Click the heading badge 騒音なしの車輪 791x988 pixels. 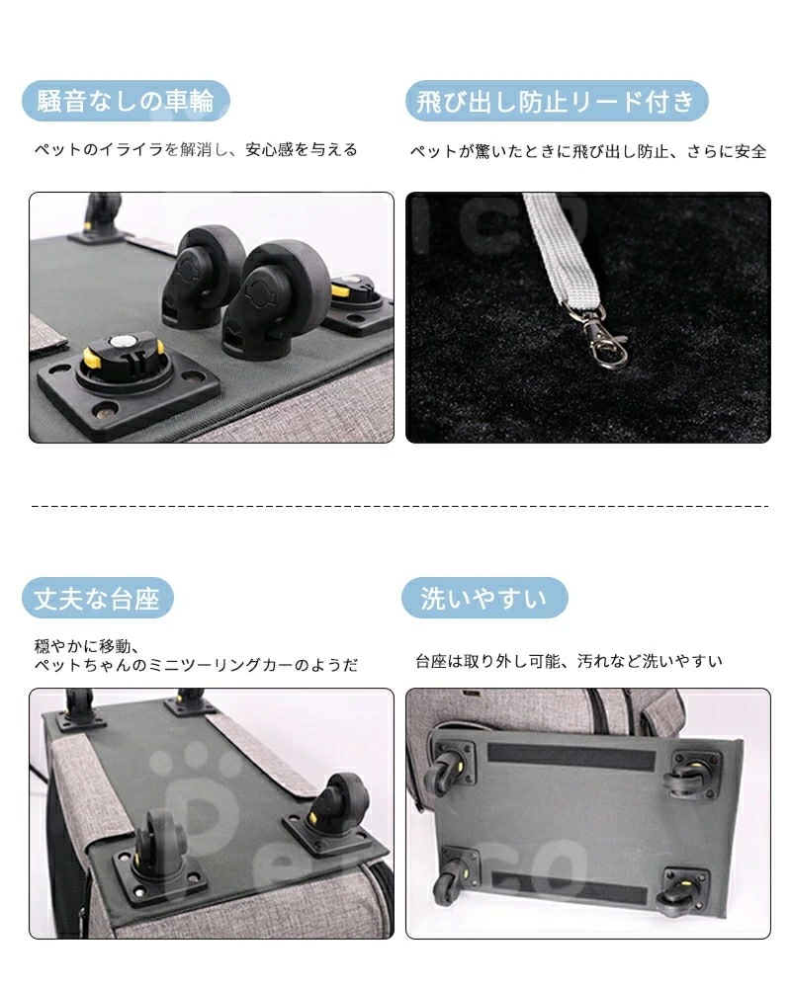[x=126, y=101]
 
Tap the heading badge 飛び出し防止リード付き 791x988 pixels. [x=557, y=101]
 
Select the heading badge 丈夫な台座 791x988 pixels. [x=98, y=598]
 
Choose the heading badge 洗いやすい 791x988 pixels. [x=484, y=598]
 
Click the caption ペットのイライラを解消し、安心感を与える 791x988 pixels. [x=196, y=150]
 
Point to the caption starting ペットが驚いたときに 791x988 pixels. [x=588, y=151]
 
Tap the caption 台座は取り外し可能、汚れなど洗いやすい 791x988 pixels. [x=569, y=661]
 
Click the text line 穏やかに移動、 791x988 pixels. [x=86, y=646]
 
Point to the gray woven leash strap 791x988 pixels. [x=561, y=252]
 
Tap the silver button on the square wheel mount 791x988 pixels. [x=121, y=343]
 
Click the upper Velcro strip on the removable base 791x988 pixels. [x=571, y=758]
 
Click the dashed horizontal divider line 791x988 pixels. [x=399, y=506]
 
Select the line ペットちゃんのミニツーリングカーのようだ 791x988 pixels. [x=196, y=665]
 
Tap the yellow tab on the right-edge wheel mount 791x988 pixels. [x=341, y=291]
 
